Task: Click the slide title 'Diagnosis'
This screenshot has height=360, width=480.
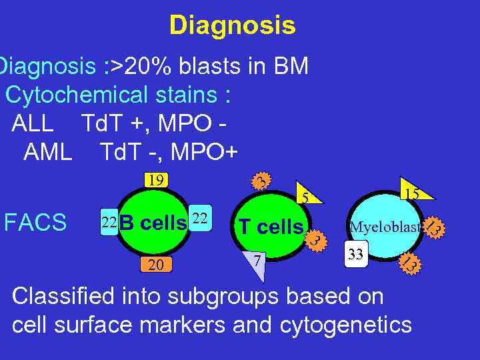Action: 232,25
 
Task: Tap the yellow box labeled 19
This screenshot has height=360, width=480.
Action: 157,180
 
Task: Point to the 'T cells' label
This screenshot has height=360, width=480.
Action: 271,227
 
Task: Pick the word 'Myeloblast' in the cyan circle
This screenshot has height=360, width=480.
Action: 386,227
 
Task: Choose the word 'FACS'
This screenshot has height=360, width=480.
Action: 35,223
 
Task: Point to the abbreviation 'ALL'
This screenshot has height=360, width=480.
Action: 32,124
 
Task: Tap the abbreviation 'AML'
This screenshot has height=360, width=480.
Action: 47,153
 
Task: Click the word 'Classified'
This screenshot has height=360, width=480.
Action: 62,296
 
